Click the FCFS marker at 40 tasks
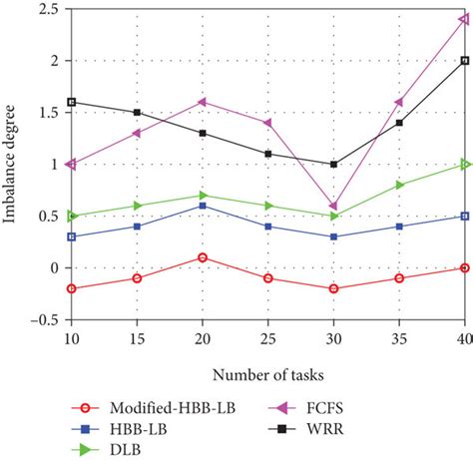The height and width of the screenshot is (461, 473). point(465,18)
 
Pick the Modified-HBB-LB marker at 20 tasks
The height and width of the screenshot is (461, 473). point(203,257)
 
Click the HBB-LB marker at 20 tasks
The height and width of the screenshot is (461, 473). point(203,206)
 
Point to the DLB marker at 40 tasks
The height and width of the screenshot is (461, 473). point(465,164)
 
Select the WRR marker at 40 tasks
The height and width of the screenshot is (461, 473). point(465,60)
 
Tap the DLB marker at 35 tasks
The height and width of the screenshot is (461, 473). point(399,185)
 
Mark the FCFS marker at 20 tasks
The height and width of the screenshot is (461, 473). point(203,102)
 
